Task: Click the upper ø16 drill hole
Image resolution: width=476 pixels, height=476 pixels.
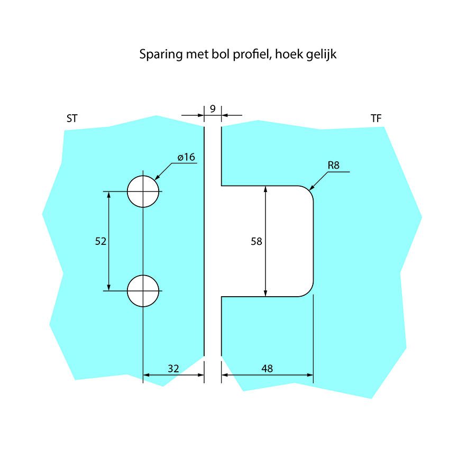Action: click(x=143, y=191)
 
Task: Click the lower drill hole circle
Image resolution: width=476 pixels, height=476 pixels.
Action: click(x=143, y=291)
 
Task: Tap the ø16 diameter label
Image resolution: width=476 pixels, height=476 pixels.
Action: click(x=187, y=157)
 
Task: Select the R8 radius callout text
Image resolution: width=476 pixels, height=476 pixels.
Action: click(x=333, y=165)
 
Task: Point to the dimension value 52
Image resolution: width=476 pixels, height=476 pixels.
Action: click(x=100, y=241)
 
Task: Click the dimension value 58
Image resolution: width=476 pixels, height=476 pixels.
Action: click(x=257, y=241)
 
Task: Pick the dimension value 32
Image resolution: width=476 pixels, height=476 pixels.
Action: click(x=173, y=369)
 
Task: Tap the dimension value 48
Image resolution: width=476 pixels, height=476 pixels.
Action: click(x=267, y=369)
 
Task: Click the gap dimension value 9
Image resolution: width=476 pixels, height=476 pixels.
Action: click(x=212, y=109)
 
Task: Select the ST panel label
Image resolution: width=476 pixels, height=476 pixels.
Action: click(x=72, y=118)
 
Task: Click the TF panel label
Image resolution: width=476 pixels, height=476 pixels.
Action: click(x=376, y=118)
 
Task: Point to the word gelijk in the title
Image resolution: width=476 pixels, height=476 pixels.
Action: click(x=319, y=54)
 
